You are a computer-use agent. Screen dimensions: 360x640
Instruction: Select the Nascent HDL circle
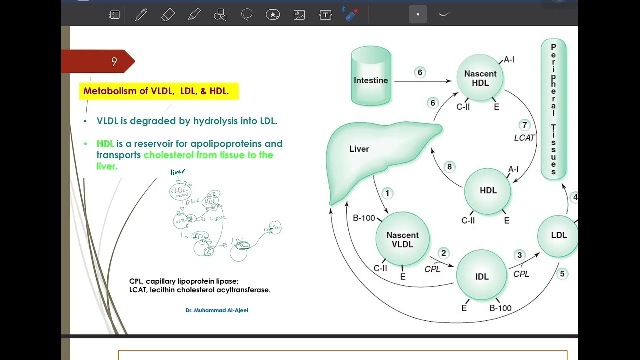(480, 79)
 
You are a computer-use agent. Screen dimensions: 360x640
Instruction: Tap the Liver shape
(370, 155)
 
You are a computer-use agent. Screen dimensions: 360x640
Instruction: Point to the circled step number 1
(387, 193)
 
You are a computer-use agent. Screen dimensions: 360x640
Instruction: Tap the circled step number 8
(449, 167)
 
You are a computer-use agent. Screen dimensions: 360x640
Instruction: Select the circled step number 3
(519, 255)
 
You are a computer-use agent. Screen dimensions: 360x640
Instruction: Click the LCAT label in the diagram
(524, 138)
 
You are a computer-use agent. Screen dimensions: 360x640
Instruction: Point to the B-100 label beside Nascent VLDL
(364, 218)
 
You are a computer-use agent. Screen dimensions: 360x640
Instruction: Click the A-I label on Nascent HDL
(509, 60)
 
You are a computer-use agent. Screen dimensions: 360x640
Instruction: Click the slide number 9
(114, 62)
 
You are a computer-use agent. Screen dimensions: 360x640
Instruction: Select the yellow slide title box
(158, 91)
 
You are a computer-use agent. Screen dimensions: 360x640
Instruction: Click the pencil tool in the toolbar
(141, 15)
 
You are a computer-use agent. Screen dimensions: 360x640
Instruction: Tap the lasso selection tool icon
(247, 15)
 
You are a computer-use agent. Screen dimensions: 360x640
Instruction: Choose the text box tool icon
(325, 15)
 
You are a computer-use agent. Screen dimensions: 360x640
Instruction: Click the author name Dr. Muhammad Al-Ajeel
(217, 310)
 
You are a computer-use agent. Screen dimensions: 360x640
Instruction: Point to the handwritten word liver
(178, 172)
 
